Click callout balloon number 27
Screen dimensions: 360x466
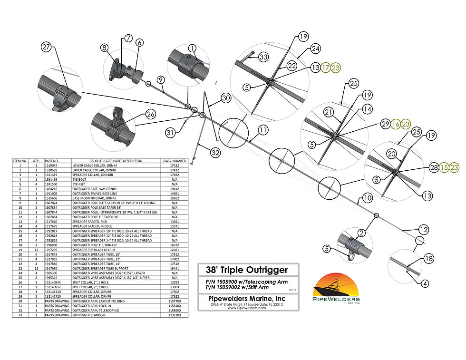pyautogui.click(x=46, y=47)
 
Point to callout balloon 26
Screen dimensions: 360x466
pyautogui.click(x=150, y=114)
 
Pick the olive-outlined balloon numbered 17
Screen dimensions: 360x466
pyautogui.click(x=325, y=68)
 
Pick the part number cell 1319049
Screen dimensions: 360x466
pyautogui.click(x=51, y=165)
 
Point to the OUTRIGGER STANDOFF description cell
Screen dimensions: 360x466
pyautogui.click(x=88, y=315)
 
